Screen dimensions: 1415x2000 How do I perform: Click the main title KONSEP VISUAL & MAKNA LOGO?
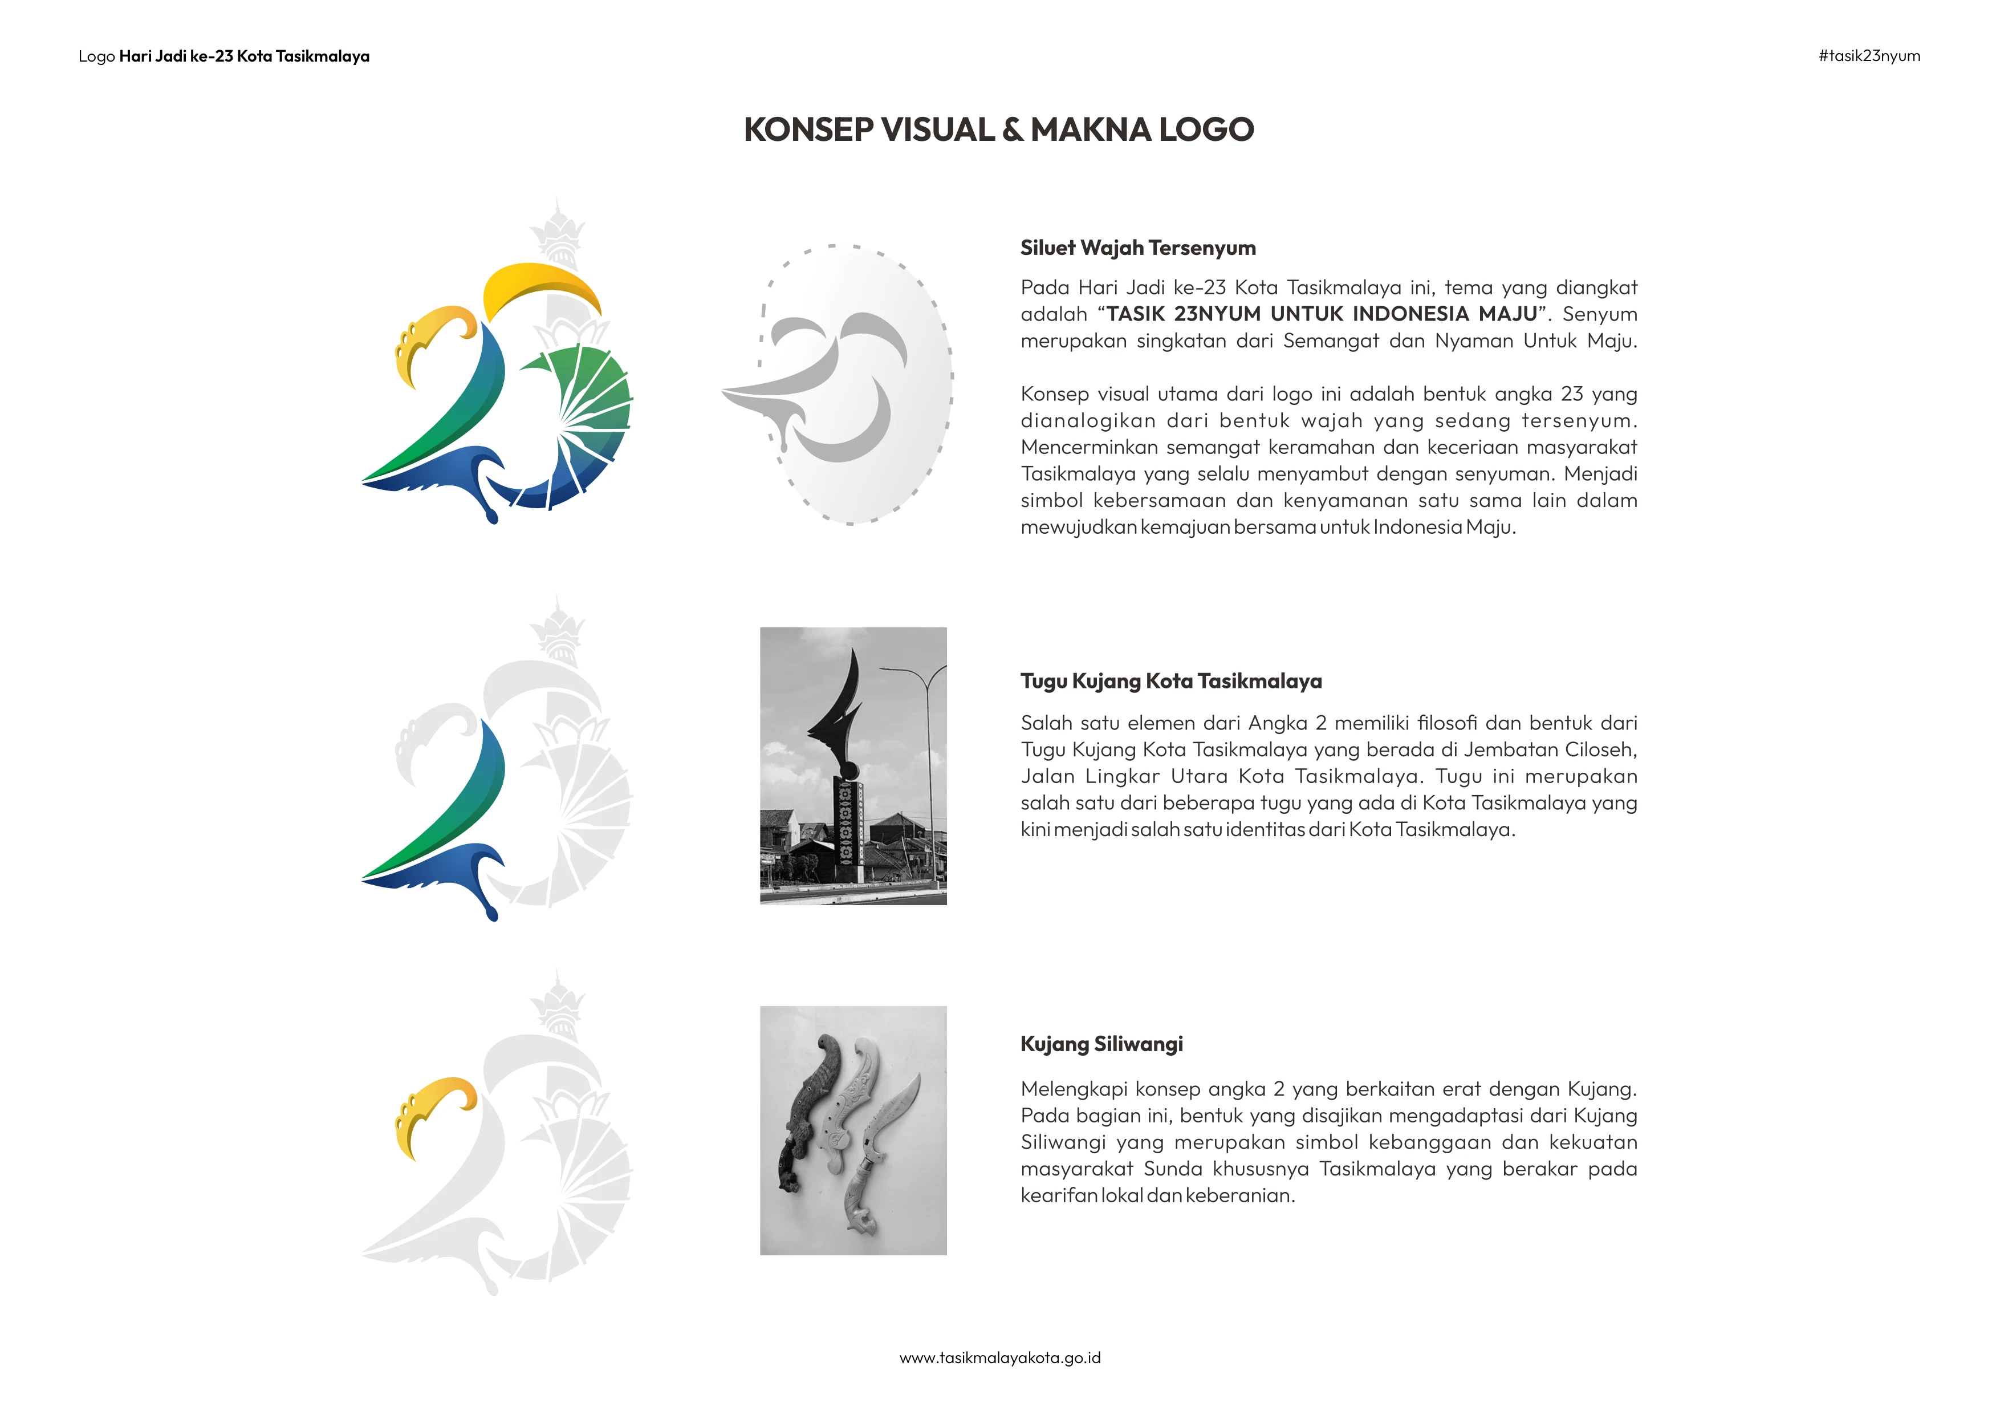[998, 130]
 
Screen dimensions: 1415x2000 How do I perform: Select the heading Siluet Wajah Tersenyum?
[1137, 248]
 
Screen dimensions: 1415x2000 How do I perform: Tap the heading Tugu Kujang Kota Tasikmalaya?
[1170, 682]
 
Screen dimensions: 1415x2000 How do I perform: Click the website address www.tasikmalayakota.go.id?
[1000, 1357]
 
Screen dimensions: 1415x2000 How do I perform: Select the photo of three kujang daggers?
[853, 1130]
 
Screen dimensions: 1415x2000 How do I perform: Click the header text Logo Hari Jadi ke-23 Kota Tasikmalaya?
[224, 56]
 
